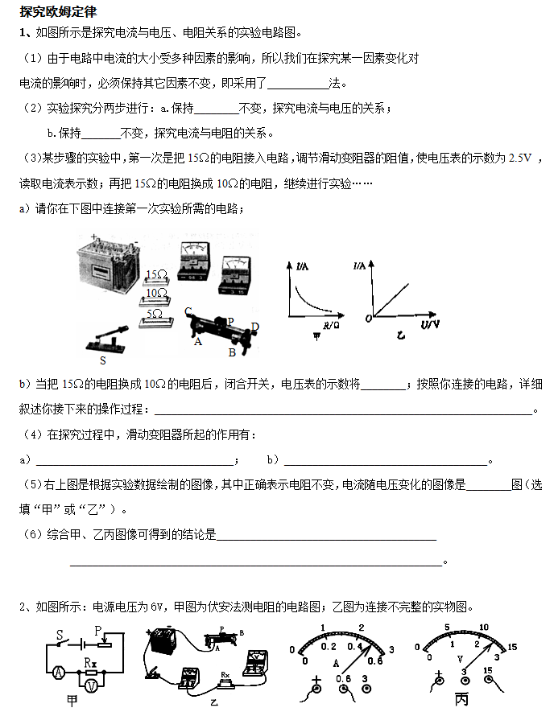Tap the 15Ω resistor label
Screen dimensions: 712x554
(x=156, y=276)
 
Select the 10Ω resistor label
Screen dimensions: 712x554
(x=156, y=294)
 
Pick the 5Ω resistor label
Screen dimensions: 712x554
(x=158, y=312)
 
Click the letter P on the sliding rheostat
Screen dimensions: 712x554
(x=230, y=321)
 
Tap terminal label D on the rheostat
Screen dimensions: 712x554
(x=255, y=327)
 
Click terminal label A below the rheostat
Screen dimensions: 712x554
(x=198, y=341)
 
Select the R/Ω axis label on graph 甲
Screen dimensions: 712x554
(x=331, y=326)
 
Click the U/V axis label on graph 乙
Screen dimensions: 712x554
(x=430, y=324)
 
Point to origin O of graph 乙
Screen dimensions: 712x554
(x=366, y=319)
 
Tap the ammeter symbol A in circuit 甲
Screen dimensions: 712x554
(x=57, y=671)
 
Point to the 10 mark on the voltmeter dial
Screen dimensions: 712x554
(x=484, y=628)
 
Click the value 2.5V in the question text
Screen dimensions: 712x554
(x=519, y=158)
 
